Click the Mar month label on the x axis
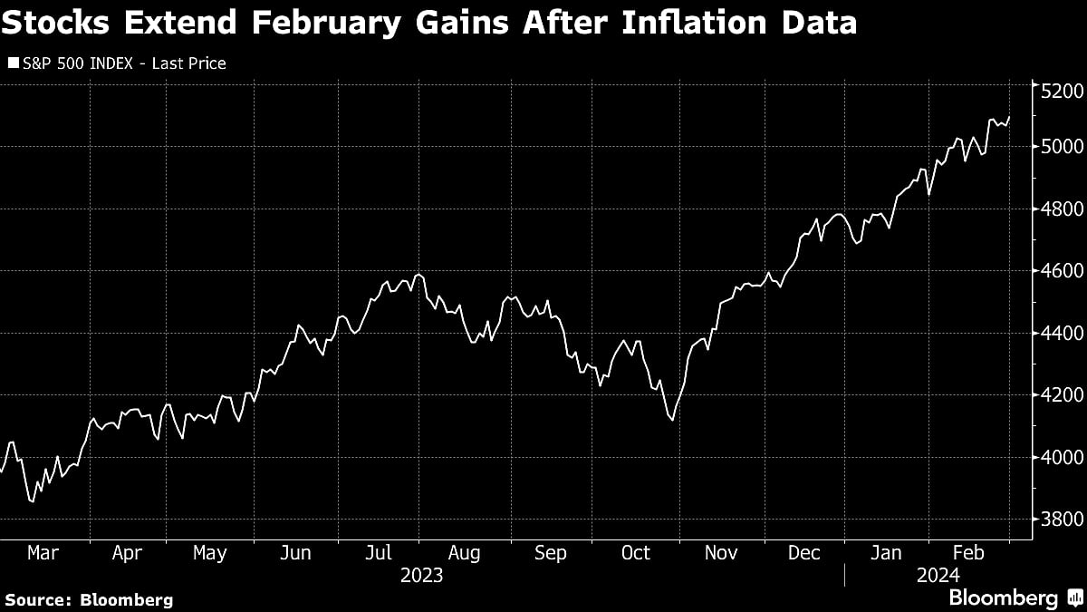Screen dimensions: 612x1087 [x=44, y=552]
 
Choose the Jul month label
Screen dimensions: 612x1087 [x=378, y=552]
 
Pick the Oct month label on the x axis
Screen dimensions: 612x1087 [x=635, y=552]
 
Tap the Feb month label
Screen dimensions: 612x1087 [x=968, y=552]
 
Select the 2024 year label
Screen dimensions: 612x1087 [x=938, y=576]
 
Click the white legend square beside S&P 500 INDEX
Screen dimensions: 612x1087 [x=12, y=63]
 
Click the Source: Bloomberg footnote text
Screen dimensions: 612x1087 [x=88, y=599]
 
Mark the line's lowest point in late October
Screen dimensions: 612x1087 [x=671, y=419]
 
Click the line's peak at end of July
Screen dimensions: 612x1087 [x=418, y=274]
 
